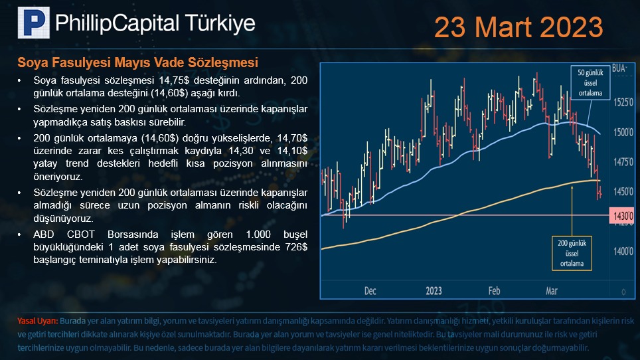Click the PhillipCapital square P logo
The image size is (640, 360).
point(34,23)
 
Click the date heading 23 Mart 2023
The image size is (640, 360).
point(519,27)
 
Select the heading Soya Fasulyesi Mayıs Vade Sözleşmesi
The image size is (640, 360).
point(137,62)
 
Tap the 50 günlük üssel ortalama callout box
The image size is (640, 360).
point(590,83)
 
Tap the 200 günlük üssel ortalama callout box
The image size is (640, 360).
point(572,253)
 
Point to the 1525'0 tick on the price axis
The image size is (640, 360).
point(623,102)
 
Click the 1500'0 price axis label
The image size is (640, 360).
point(623,132)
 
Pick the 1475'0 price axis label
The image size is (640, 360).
point(623,162)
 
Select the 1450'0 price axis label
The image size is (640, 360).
point(623,191)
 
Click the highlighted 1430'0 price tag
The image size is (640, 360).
point(622,215)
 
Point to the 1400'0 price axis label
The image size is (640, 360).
point(623,251)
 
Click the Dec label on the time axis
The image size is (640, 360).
point(370,291)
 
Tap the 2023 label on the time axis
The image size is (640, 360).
point(434,291)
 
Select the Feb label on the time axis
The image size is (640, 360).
point(495,291)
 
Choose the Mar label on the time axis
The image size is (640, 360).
point(552,291)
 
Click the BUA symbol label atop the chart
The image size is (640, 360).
point(619,68)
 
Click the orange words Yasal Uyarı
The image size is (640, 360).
point(38,321)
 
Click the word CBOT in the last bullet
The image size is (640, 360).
point(81,234)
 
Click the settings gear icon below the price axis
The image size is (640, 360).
point(623,292)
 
